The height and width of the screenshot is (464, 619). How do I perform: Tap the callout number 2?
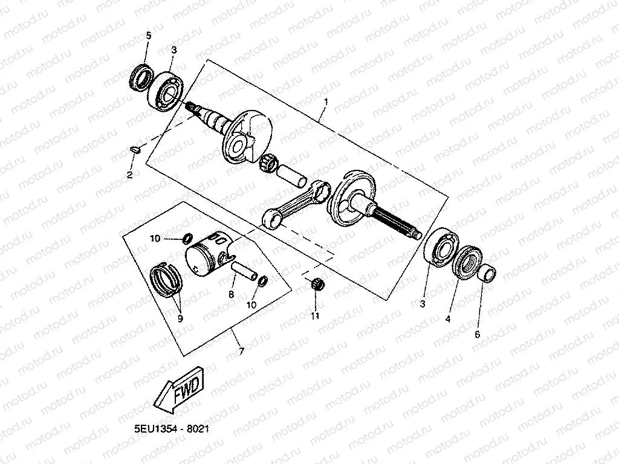pos(129,175)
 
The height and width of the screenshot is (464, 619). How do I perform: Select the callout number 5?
pos(148,36)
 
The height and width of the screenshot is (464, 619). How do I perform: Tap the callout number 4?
pos(449,318)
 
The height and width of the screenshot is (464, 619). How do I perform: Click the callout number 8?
pos(231,295)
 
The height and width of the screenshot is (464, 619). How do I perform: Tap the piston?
pos(207,257)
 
